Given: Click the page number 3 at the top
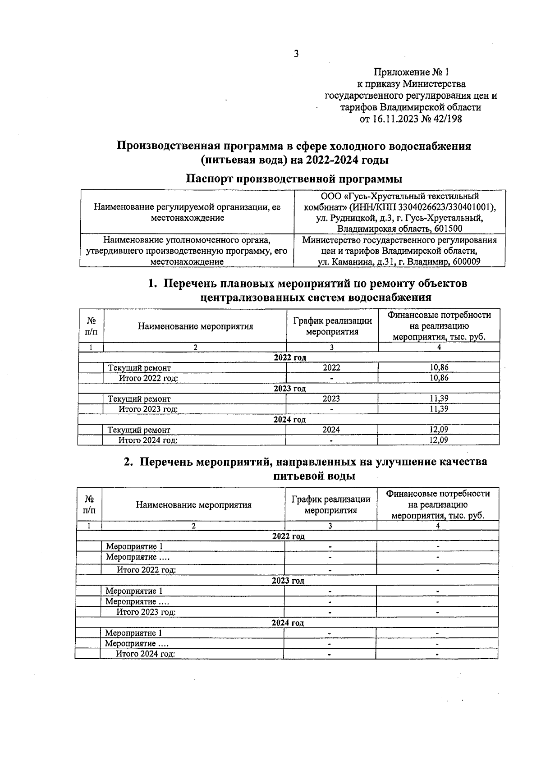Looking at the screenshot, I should click(296, 54).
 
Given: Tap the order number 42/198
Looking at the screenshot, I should click(446, 119).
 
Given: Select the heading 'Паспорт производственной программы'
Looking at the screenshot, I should click(294, 179).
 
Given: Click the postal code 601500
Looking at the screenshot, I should click(448, 229).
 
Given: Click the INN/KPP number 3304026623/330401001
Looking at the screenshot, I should click(446, 207).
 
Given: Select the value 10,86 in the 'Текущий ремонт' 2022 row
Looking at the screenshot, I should click(439, 368).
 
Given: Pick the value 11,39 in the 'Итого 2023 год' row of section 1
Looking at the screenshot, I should click(439, 409).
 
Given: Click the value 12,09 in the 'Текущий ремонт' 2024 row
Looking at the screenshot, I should click(439, 430).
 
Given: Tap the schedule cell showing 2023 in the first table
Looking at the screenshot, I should click(331, 399).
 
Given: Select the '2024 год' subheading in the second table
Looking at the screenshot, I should click(288, 623).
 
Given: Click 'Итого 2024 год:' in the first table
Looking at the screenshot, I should click(148, 440).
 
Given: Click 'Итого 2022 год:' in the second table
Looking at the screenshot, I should click(147, 570).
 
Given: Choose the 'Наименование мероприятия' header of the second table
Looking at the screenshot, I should click(193, 505).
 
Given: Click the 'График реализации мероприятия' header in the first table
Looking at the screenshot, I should click(332, 326).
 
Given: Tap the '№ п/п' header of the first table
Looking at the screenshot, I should click(91, 326).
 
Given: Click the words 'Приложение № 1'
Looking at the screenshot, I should click(411, 72).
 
